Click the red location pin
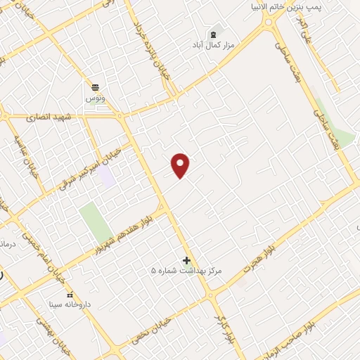coord(181,165)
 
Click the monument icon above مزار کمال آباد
coord(213,33)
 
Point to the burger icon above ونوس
coord(95,87)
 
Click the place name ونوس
coord(95,98)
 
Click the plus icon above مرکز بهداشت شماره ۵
coord(186,260)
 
